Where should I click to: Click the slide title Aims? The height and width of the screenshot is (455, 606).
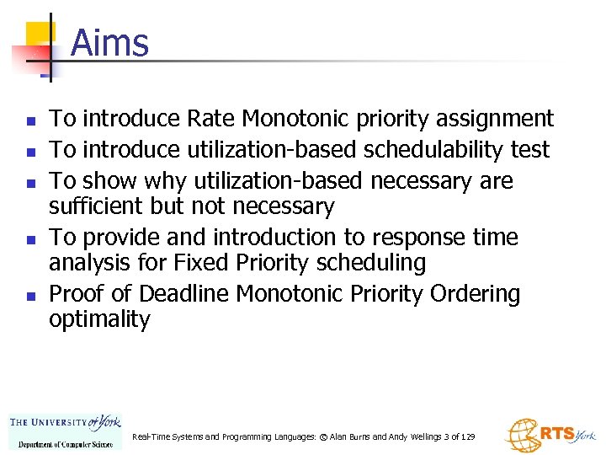pyautogui.click(x=109, y=43)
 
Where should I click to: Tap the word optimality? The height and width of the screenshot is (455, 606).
pyautogui.click(x=99, y=319)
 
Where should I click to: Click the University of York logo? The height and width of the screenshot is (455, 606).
pyautogui.click(x=65, y=431)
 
